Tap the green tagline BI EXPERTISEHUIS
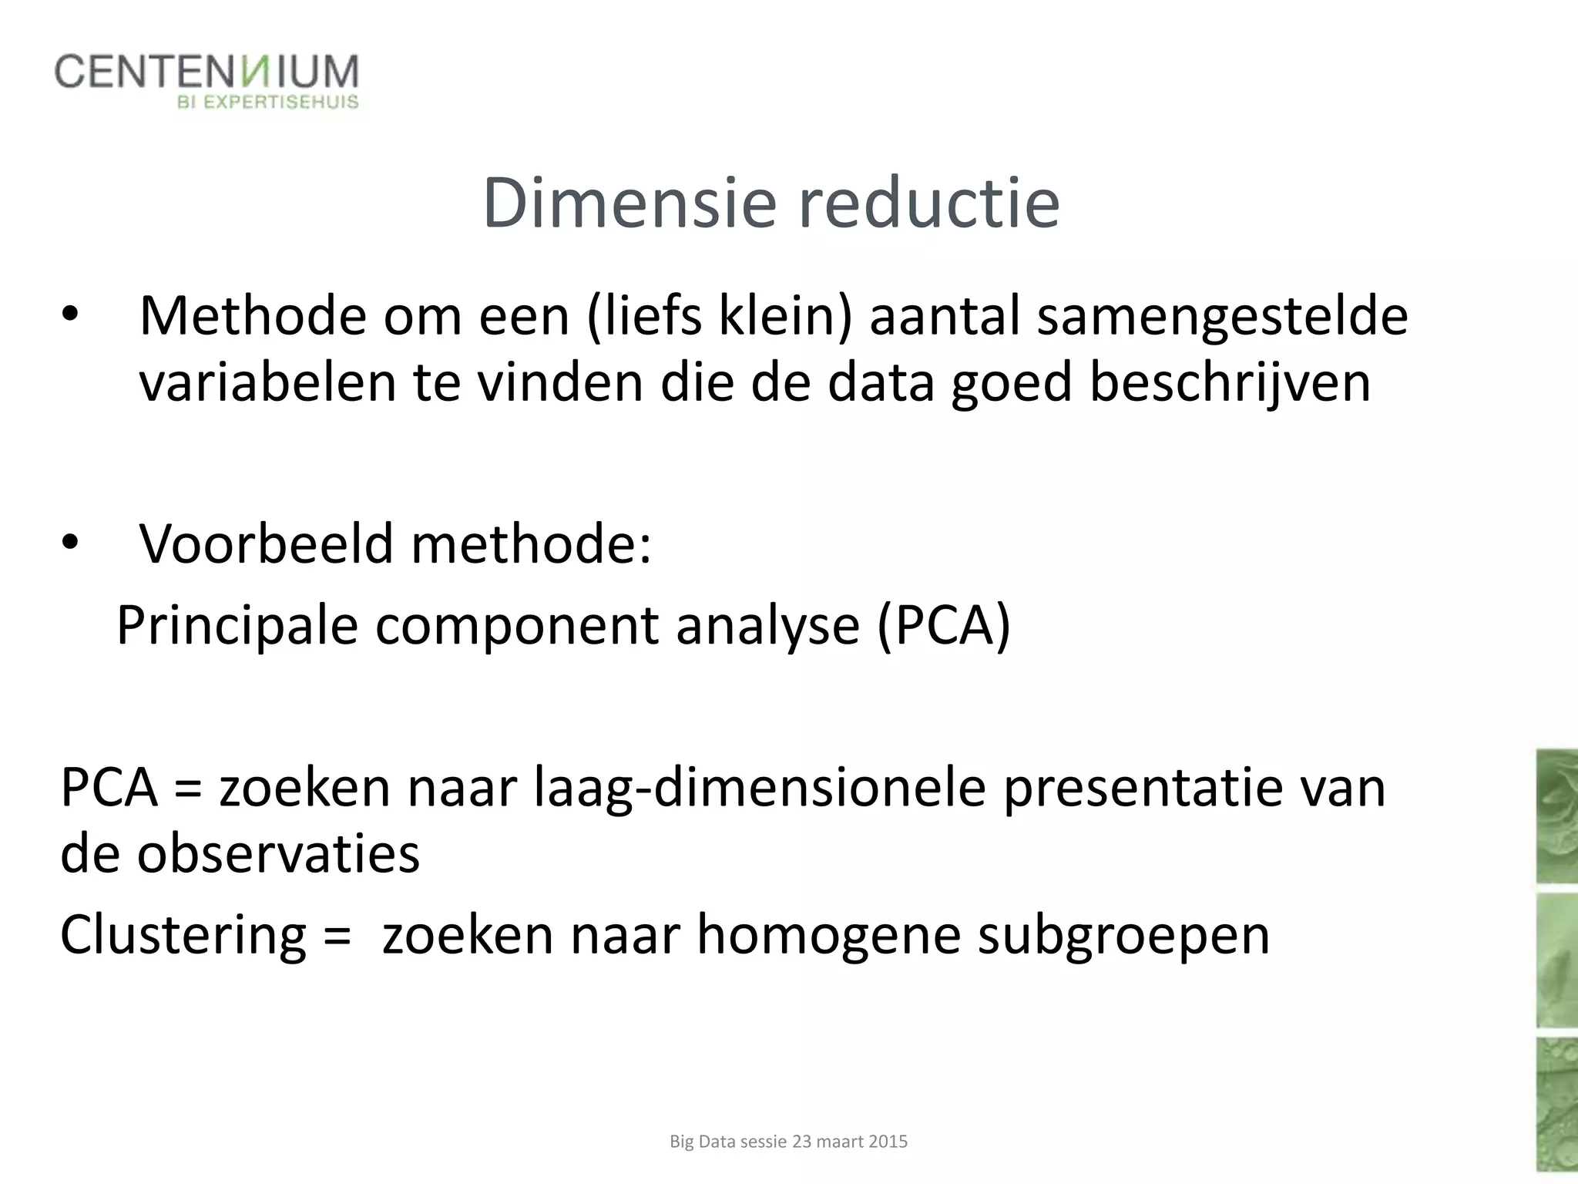click(268, 102)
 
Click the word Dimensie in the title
click(629, 203)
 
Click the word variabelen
click(267, 382)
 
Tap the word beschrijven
click(1230, 382)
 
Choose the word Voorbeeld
click(266, 543)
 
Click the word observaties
click(278, 854)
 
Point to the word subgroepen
click(1123, 935)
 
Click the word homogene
click(828, 935)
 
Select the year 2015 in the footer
click(888, 1142)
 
